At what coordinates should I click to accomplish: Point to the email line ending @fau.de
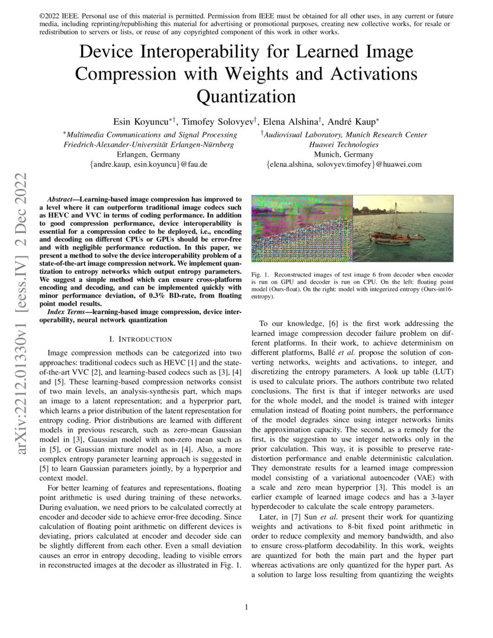pyautogui.click(x=148, y=165)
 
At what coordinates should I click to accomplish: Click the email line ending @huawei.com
pyautogui.click(x=344, y=165)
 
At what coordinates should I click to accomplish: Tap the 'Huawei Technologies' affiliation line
pyautogui.click(x=344, y=144)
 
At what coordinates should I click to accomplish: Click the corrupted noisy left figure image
pyautogui.click(x=302, y=229)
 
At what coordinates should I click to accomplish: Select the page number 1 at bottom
pyautogui.click(x=246, y=607)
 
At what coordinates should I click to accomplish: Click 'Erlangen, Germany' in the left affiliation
pyautogui.click(x=148, y=155)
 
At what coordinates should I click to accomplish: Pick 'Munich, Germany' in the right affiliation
pyautogui.click(x=344, y=155)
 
